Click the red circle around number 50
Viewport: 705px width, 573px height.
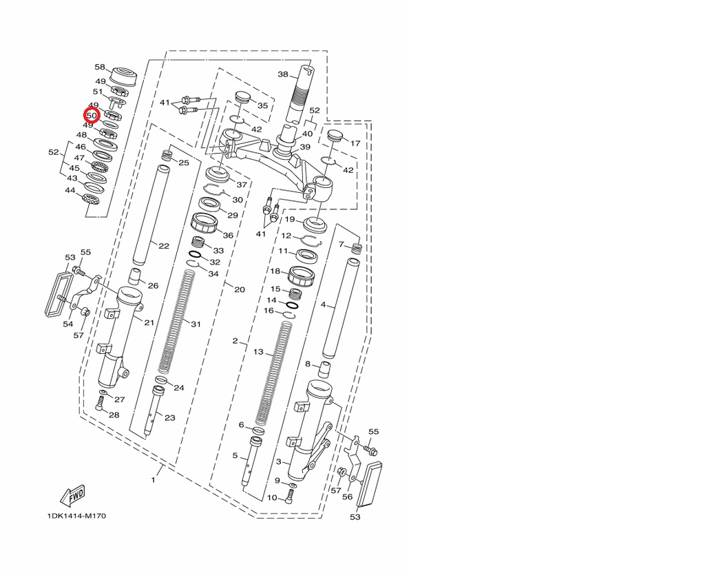(92, 116)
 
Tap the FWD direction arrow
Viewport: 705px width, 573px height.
(72, 495)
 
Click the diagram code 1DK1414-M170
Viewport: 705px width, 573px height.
(76, 516)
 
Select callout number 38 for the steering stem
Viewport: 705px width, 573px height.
(282, 74)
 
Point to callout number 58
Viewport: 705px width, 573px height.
(100, 67)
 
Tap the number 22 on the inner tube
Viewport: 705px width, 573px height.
(163, 246)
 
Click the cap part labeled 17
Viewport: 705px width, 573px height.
(335, 138)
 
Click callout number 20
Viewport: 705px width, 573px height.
(239, 289)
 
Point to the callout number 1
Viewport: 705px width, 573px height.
(153, 479)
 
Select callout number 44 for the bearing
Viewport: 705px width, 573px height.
(70, 190)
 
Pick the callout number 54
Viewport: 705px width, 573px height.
(68, 324)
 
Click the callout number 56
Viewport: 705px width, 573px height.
(347, 497)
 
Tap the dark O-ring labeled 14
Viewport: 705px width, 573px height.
(291, 304)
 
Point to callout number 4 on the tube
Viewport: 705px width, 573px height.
(323, 304)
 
